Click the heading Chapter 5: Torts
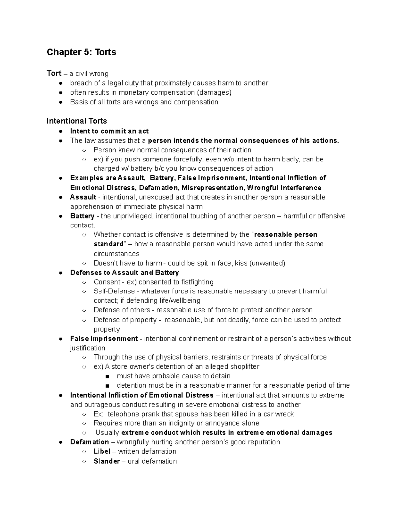pyautogui.click(x=81, y=52)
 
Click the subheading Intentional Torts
pyautogui.click(x=77, y=121)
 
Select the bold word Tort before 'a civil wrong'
pyautogui.click(x=54, y=73)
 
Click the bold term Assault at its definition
pyautogui.click(x=83, y=197)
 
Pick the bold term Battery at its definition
pyautogui.click(x=82, y=216)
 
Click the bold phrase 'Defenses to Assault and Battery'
pyautogui.click(x=124, y=273)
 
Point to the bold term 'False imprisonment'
pyautogui.click(x=104, y=339)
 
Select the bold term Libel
pyautogui.click(x=102, y=451)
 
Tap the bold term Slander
pyautogui.click(x=106, y=461)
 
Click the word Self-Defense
pyautogui.click(x=114, y=291)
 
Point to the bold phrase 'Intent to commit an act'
pyautogui.click(x=109, y=131)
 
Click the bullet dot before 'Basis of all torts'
pyautogui.click(x=60, y=102)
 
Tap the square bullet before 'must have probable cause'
pyautogui.click(x=107, y=376)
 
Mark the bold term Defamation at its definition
pyautogui.click(x=90, y=442)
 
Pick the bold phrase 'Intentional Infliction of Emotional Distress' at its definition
pyautogui.click(x=142, y=395)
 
